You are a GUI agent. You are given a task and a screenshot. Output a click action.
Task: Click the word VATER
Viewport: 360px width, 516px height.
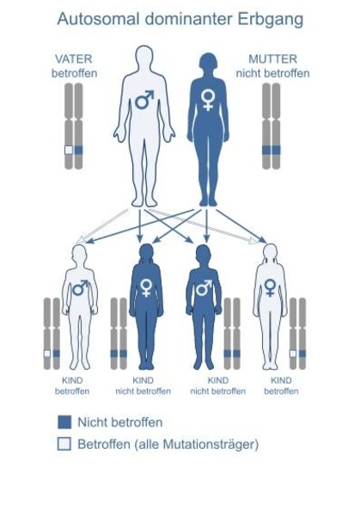point(74,59)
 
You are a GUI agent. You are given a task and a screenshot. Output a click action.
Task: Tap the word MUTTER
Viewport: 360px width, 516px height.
point(273,59)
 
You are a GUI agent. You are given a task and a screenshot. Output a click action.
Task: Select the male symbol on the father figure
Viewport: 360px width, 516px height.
point(144,100)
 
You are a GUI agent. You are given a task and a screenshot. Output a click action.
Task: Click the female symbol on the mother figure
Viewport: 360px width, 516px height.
point(208,101)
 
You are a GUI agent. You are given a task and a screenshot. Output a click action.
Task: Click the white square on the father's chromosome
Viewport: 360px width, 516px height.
point(69,150)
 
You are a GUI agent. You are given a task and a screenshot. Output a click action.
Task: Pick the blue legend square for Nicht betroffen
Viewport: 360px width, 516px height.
point(64,422)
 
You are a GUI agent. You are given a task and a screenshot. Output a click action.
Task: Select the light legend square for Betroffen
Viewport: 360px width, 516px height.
point(64,444)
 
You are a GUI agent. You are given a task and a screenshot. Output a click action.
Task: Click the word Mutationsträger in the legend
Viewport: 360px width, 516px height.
point(207,445)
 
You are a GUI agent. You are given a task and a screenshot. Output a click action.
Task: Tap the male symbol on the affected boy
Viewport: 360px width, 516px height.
point(81,288)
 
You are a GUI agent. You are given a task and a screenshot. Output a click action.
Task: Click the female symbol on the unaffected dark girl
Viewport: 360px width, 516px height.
point(146,288)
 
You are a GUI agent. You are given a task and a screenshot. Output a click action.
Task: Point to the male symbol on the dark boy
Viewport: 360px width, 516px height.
point(204,288)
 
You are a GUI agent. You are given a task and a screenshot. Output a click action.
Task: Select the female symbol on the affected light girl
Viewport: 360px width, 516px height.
point(270,288)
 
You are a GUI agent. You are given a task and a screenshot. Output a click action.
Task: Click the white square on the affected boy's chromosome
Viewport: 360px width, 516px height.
point(47,353)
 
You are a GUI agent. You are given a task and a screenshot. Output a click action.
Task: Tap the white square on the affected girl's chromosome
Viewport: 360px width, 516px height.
point(293,353)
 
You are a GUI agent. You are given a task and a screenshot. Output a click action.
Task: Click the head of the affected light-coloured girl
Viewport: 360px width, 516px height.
point(271,253)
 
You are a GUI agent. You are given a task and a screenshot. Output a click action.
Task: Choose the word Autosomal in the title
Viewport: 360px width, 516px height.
point(98,19)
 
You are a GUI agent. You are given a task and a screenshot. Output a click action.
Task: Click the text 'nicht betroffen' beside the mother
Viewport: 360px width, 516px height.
point(273,73)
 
